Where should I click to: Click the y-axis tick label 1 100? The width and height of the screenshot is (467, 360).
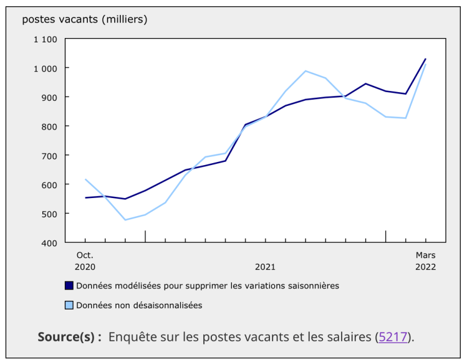click(46, 39)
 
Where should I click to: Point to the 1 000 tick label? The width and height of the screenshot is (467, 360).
click(46, 68)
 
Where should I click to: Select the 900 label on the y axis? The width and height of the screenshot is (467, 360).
click(49, 97)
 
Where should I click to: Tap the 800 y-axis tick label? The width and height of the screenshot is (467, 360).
click(49, 126)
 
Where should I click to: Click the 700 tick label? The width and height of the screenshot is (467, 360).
click(49, 155)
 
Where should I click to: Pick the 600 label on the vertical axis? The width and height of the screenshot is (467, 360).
click(49, 184)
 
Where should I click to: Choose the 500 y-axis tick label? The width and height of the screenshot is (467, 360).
click(49, 214)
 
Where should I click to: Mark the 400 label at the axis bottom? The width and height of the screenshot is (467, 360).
click(49, 242)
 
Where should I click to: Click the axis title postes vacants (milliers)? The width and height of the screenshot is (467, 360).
click(85, 19)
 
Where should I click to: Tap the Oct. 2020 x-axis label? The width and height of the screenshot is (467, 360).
click(85, 260)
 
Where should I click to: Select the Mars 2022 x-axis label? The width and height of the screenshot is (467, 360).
click(426, 260)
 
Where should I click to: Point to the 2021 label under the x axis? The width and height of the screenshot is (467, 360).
click(265, 267)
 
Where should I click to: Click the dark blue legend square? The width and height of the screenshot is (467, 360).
click(69, 286)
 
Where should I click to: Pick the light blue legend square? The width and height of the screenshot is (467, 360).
click(69, 305)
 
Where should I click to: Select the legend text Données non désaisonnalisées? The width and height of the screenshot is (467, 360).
click(139, 305)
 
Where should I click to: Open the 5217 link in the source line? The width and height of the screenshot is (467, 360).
click(393, 337)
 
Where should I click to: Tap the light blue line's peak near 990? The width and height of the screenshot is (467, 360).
click(306, 70)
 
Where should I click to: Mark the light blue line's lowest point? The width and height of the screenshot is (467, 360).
click(125, 220)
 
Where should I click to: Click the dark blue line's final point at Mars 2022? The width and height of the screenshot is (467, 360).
click(426, 59)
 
